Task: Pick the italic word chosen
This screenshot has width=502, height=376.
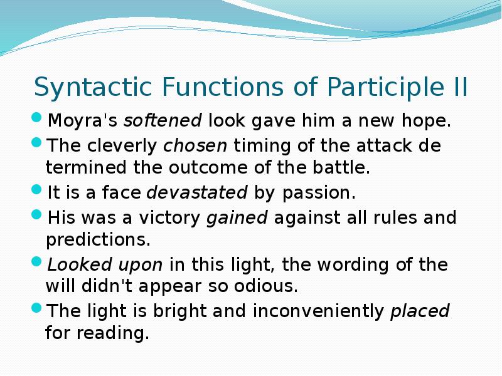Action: (196, 146)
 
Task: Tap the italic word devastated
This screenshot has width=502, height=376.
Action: (197, 192)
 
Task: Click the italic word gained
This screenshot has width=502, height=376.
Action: (237, 218)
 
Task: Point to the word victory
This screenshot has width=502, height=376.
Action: (171, 218)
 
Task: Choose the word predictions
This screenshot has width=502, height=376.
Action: (98, 239)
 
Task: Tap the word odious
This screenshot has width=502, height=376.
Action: (267, 286)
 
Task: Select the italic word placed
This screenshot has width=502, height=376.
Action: (420, 311)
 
